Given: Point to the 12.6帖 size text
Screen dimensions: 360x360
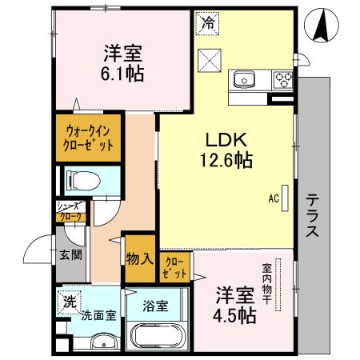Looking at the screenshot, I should point(226,160).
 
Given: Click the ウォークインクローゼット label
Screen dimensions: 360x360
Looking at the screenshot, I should point(88,138).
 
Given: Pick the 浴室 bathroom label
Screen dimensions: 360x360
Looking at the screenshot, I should point(154,306).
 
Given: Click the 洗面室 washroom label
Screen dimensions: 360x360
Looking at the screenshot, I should point(98,315).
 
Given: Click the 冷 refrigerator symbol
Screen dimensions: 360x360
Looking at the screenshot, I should point(207,22).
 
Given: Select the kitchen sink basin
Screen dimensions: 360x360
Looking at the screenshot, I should point(244,79).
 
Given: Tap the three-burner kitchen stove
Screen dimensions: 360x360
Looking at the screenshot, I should point(282,79).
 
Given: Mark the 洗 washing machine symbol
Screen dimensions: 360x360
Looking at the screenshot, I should point(70,303).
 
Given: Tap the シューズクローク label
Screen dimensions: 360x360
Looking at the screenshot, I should point(67,211).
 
